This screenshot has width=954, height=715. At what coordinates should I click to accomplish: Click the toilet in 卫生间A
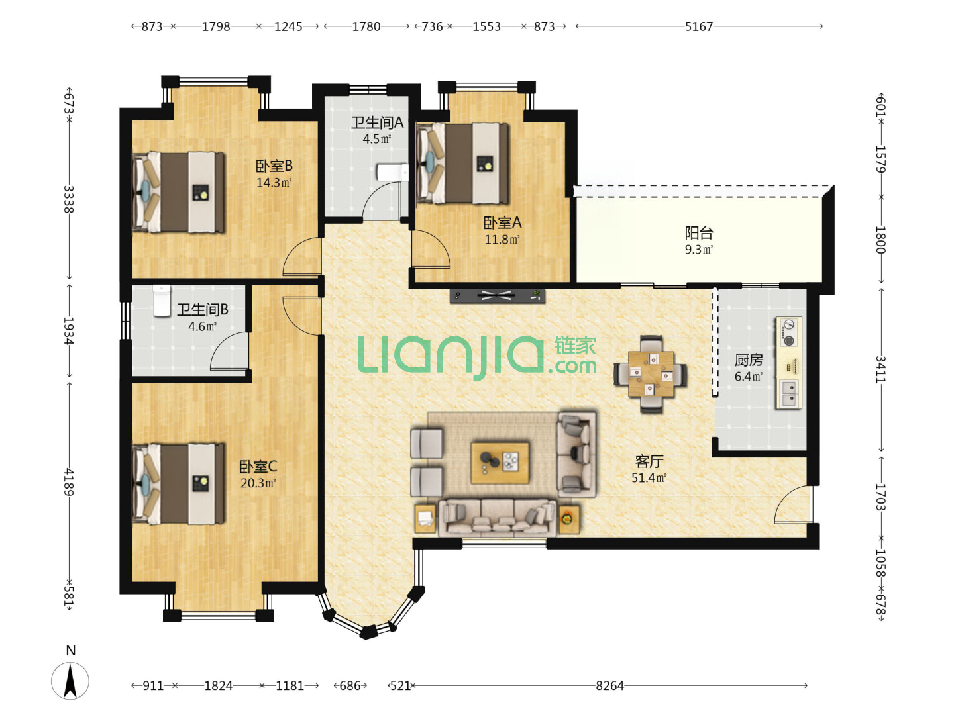(392, 173)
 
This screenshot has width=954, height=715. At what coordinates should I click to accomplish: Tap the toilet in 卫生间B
(162, 301)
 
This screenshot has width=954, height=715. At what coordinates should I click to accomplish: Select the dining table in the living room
(651, 374)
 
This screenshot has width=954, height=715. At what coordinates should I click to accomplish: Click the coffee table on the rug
(500, 463)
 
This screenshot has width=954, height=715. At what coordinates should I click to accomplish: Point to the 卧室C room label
(258, 467)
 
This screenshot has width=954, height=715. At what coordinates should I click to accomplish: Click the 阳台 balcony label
(699, 234)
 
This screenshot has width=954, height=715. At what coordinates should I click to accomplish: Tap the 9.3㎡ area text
(699, 250)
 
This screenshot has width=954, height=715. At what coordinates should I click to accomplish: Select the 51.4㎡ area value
(649, 478)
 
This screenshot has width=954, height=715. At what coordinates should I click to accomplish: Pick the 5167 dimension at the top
(699, 26)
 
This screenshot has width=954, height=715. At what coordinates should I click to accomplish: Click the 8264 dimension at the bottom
(609, 685)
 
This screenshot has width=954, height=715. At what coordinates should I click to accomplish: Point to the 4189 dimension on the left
(69, 483)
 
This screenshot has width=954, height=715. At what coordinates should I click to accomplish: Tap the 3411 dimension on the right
(880, 369)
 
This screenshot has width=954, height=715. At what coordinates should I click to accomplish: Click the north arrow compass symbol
(70, 681)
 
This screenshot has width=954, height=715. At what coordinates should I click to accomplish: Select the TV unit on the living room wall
(498, 296)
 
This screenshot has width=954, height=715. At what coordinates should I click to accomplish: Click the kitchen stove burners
(789, 332)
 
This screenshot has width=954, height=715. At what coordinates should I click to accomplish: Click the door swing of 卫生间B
(229, 351)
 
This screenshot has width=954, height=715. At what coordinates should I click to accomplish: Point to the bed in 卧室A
(462, 164)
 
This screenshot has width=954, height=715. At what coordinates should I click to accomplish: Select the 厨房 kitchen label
(749, 360)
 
